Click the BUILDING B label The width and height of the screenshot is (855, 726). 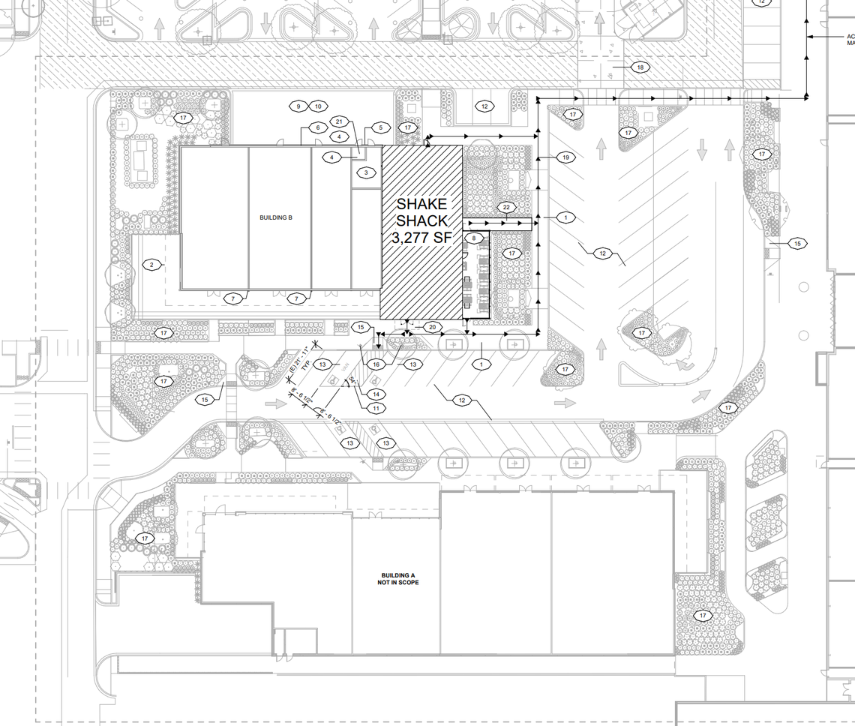pos(275,217)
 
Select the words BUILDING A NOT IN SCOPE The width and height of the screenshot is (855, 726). pos(399,579)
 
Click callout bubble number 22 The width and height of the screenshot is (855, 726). pos(507,207)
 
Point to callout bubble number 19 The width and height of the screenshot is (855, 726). pos(566,157)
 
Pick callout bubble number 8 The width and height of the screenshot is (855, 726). pos(474,238)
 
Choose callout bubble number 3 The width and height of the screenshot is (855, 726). pos(366,173)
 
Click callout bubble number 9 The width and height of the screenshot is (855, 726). pos(298,106)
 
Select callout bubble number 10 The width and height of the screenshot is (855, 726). pos(318,106)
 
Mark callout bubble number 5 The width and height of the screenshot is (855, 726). pos(379,127)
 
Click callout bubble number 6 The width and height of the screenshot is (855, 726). pos(317,128)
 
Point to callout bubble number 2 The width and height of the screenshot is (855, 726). pos(151,264)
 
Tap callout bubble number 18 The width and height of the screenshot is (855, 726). pos(640,67)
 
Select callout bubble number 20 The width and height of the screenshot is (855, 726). pos(433,327)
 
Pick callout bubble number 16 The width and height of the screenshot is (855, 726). pos(376,364)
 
